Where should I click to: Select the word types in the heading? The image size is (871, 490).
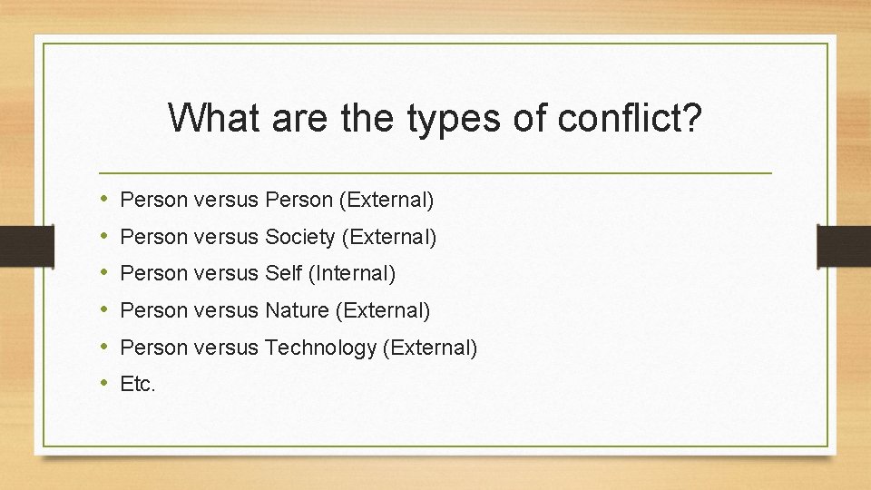pos(457,118)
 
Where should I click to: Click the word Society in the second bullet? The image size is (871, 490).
pos(299,238)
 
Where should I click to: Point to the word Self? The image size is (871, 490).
pos(285,273)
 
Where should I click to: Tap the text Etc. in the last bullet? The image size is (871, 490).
pos(138,384)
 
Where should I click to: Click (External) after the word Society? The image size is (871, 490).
pos(388,238)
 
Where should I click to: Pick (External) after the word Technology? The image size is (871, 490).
pos(429,348)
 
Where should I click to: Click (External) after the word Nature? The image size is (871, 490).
pos(383,310)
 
